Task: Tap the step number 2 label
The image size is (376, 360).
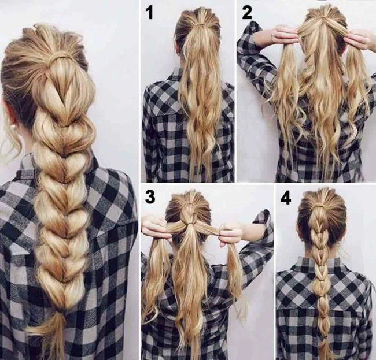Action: click(x=247, y=12)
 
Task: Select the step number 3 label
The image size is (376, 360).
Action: click(x=150, y=197)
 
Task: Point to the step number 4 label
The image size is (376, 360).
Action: click(x=286, y=198)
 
